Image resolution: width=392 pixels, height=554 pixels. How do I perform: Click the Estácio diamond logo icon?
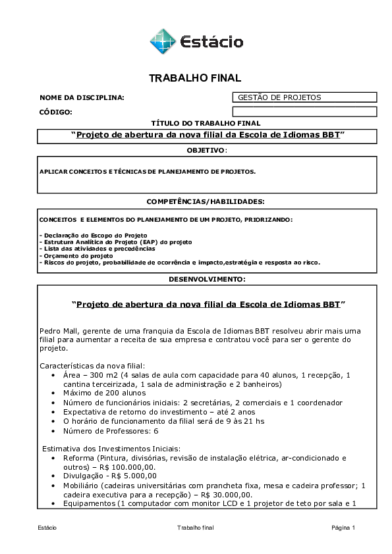(162, 41)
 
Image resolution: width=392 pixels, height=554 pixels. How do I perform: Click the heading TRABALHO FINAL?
(195, 78)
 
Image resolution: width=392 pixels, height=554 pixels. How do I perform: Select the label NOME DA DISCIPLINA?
(82, 98)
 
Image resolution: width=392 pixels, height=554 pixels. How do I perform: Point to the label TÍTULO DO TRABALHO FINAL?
(206, 123)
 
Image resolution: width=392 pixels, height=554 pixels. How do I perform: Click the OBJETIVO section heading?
(206, 151)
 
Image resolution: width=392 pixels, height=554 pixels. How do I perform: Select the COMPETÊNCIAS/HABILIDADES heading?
(206, 201)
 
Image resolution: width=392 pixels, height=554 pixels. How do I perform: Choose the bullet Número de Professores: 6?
(110, 431)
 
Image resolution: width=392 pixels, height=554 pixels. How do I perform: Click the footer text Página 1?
(343, 528)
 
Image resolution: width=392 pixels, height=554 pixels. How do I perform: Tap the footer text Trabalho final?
(196, 528)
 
